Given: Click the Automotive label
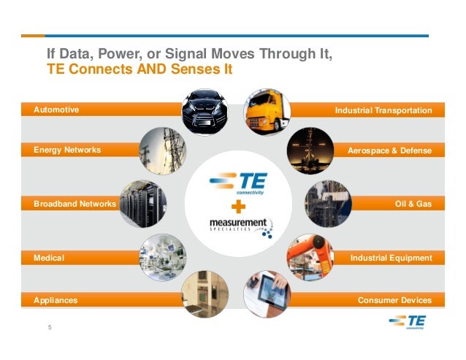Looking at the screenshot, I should coord(56,110).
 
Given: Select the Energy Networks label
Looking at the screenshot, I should coord(67,150).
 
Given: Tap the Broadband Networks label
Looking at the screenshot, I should coord(75,204).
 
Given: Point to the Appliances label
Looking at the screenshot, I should coord(56,300).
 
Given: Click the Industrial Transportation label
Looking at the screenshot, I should coord(383,110).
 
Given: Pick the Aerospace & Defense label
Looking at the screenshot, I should coord(390,150).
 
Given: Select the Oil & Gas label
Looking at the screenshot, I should coord(413,204).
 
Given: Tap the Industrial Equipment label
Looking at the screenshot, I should coord(391,258).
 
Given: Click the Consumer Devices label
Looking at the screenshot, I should coord(394,300).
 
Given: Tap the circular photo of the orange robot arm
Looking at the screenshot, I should coord(310,257).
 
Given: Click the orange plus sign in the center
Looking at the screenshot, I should coord(234,205).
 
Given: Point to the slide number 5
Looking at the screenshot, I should coord(50,326).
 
